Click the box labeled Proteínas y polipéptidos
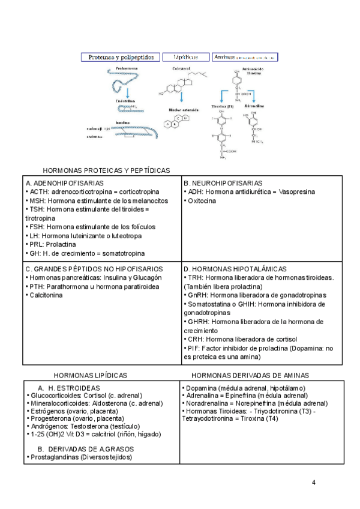click(x=121, y=58)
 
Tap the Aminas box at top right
click(x=245, y=58)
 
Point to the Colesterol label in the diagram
click(x=181, y=68)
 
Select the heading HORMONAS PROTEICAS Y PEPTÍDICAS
click(x=106, y=170)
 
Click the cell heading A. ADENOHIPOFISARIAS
click(x=65, y=183)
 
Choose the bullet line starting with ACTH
click(x=89, y=191)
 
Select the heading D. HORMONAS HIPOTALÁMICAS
click(x=235, y=269)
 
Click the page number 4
click(x=314, y=483)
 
